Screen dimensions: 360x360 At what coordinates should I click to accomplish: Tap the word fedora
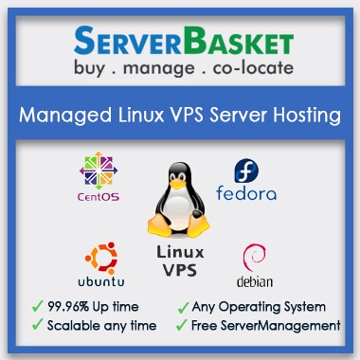pos(247,195)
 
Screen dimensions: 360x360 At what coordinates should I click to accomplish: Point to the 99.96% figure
pos(68,307)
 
